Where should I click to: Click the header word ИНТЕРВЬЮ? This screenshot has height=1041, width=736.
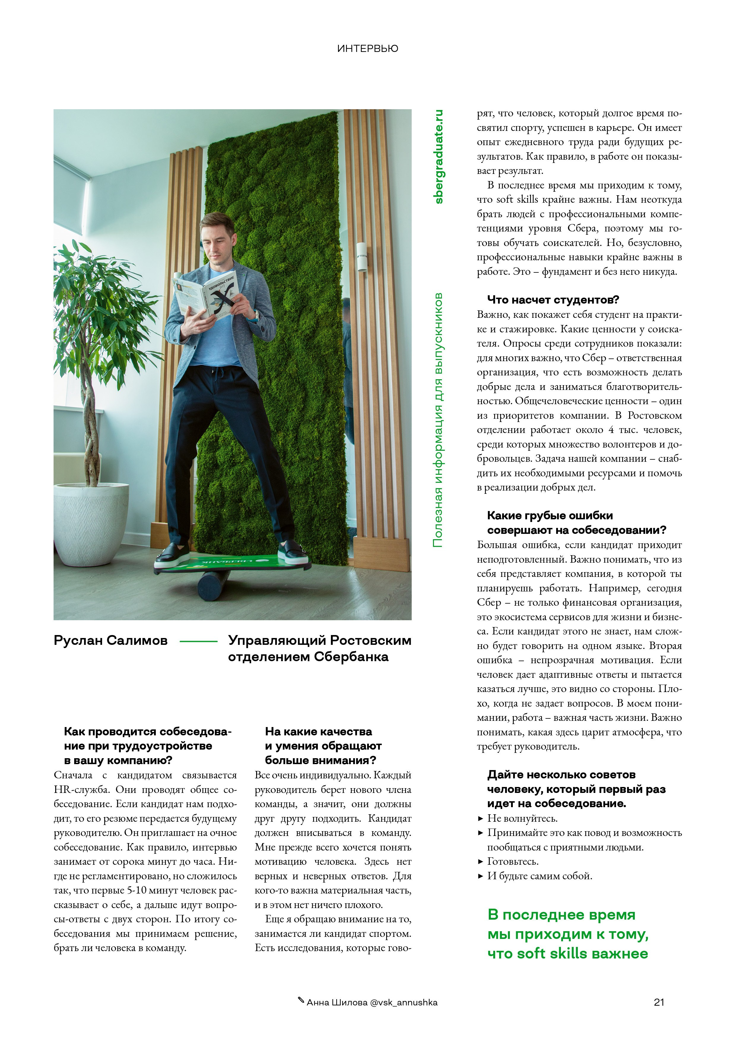click(367, 48)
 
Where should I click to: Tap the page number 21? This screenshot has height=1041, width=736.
click(659, 1002)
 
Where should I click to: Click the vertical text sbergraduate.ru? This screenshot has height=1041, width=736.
click(439, 156)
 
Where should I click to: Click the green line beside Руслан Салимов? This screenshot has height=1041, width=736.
click(199, 641)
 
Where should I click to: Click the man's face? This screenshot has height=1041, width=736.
click(219, 247)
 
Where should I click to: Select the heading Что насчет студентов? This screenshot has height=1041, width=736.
click(553, 300)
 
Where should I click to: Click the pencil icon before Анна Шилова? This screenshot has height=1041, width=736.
click(301, 1000)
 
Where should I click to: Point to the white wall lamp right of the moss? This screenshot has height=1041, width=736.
click(361, 257)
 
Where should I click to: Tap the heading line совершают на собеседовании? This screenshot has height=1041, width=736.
click(576, 530)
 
